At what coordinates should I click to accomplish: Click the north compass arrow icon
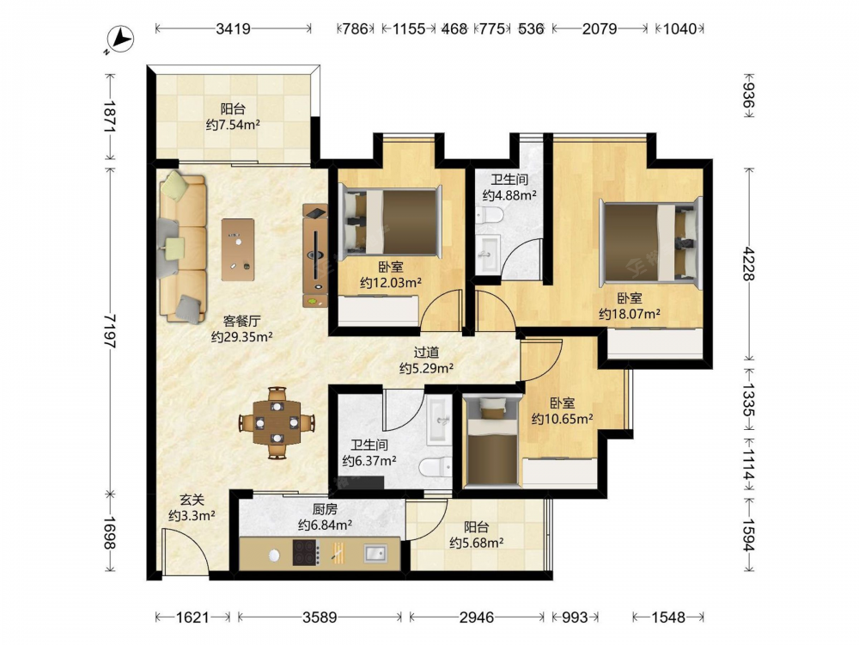point(120,40)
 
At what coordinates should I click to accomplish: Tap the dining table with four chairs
point(277,423)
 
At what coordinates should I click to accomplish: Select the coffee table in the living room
point(238,249)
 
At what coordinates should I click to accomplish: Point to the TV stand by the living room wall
point(315,255)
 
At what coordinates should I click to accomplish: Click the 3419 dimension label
point(233,28)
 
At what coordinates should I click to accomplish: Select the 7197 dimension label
point(110,331)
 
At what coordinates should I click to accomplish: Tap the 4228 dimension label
point(748,264)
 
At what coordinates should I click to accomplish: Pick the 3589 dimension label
point(320,617)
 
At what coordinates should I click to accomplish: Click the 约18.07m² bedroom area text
point(630,314)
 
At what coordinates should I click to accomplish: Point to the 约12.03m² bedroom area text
point(391,283)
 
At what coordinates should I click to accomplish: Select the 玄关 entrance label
point(192,500)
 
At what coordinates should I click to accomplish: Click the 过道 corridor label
point(426,353)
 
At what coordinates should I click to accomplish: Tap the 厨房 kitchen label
point(325,509)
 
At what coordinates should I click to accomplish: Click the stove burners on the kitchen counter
point(306,553)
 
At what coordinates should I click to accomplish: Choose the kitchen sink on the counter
point(375,553)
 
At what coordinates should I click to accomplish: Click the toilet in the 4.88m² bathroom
point(489,216)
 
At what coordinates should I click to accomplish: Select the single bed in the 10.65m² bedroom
point(490,441)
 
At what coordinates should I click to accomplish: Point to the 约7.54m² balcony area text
point(233,125)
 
